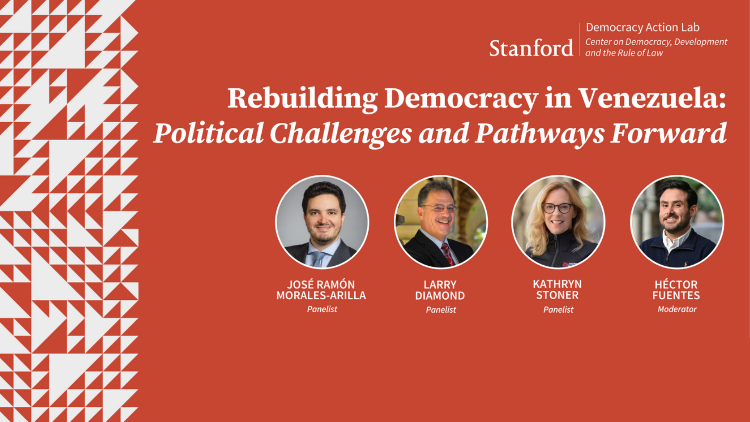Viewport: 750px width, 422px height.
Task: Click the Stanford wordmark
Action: pyautogui.click(x=531, y=48)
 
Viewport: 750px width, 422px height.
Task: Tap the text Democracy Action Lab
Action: pyautogui.click(x=643, y=27)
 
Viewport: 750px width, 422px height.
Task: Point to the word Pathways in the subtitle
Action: pyautogui.click(x=540, y=134)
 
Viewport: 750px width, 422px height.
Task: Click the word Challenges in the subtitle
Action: pyautogui.click(x=341, y=134)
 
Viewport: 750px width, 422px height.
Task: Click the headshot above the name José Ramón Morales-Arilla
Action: pyautogui.click(x=322, y=222)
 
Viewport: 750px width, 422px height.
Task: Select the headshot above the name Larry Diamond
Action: pyautogui.click(x=441, y=222)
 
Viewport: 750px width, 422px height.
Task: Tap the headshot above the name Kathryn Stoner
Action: pyautogui.click(x=558, y=222)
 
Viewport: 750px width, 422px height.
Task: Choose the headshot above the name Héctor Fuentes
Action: pyautogui.click(x=677, y=222)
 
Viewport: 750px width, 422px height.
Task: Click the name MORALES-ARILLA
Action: pyautogui.click(x=321, y=295)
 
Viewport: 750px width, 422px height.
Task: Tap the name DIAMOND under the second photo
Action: pyautogui.click(x=440, y=296)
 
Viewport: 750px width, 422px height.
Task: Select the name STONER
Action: pyautogui.click(x=557, y=295)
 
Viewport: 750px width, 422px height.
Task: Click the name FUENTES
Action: pyautogui.click(x=676, y=295)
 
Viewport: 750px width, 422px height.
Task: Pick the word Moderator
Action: pyautogui.click(x=677, y=309)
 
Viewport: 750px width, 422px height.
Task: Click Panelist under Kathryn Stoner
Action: pyautogui.click(x=558, y=309)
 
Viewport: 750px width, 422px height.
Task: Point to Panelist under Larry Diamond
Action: pyautogui.click(x=441, y=309)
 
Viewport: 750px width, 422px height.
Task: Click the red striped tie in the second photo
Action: pyautogui.click(x=447, y=254)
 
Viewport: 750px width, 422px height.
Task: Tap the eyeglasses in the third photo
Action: pyautogui.click(x=557, y=208)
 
